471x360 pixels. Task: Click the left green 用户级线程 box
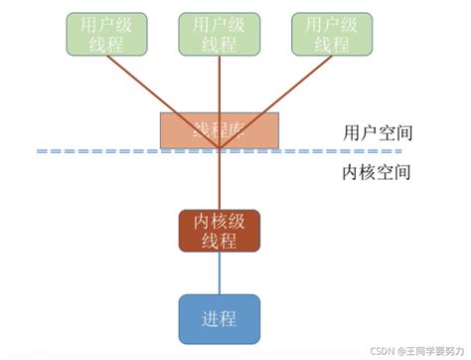tap(104, 33)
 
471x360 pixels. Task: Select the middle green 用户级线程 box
tap(218, 33)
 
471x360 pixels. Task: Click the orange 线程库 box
tap(220, 128)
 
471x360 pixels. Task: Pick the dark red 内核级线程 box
tap(219, 231)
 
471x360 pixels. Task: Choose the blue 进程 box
tap(219, 318)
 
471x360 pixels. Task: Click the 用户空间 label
tap(363, 132)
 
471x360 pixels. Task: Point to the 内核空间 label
tap(363, 171)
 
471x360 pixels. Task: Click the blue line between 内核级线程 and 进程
tap(219, 272)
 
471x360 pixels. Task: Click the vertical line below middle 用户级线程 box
tap(219, 85)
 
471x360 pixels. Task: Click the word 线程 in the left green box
tap(104, 43)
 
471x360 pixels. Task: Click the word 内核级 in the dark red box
tap(219, 221)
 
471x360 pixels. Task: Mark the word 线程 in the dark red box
tap(219, 241)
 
